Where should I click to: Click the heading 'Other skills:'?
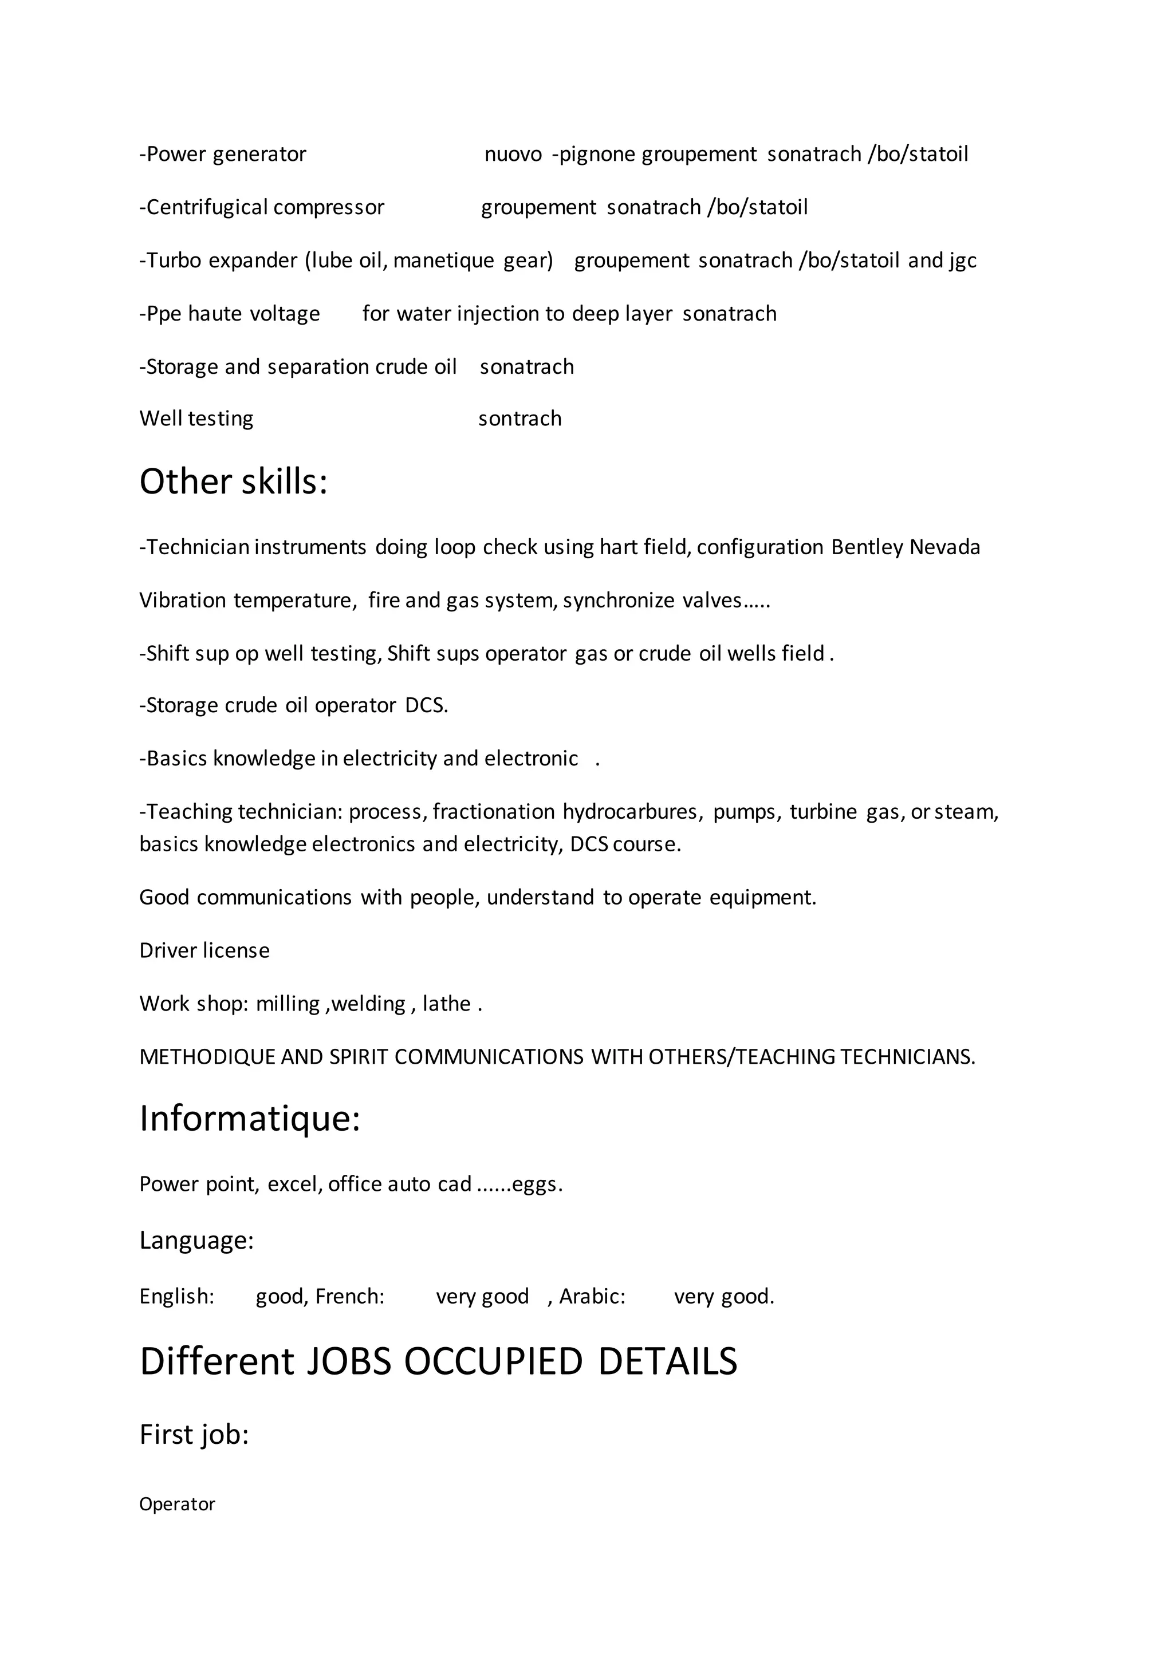pos(233,481)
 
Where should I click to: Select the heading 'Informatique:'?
pos(249,1119)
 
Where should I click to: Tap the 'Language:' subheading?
pos(196,1241)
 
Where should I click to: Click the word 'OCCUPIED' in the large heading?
pos(493,1362)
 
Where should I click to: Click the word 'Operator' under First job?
pos(177,1504)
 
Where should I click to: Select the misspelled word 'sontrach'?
pos(519,419)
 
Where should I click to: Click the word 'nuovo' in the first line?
pos(513,155)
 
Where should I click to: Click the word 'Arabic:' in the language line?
pos(592,1297)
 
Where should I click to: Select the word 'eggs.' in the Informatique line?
pos(537,1185)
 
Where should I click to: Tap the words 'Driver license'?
pos(204,951)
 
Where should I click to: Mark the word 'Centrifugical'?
pos(203,208)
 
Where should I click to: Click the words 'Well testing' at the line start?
pos(196,419)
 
